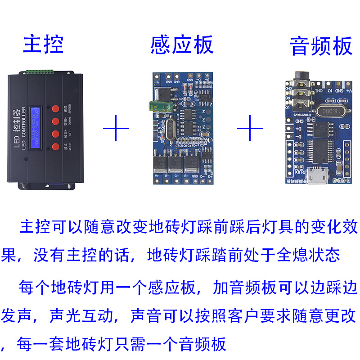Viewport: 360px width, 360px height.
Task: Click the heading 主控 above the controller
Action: pyautogui.click(x=43, y=44)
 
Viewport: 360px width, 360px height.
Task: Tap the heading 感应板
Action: pyautogui.click(x=182, y=45)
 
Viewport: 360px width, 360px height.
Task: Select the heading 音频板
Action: pyautogui.click(x=321, y=46)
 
